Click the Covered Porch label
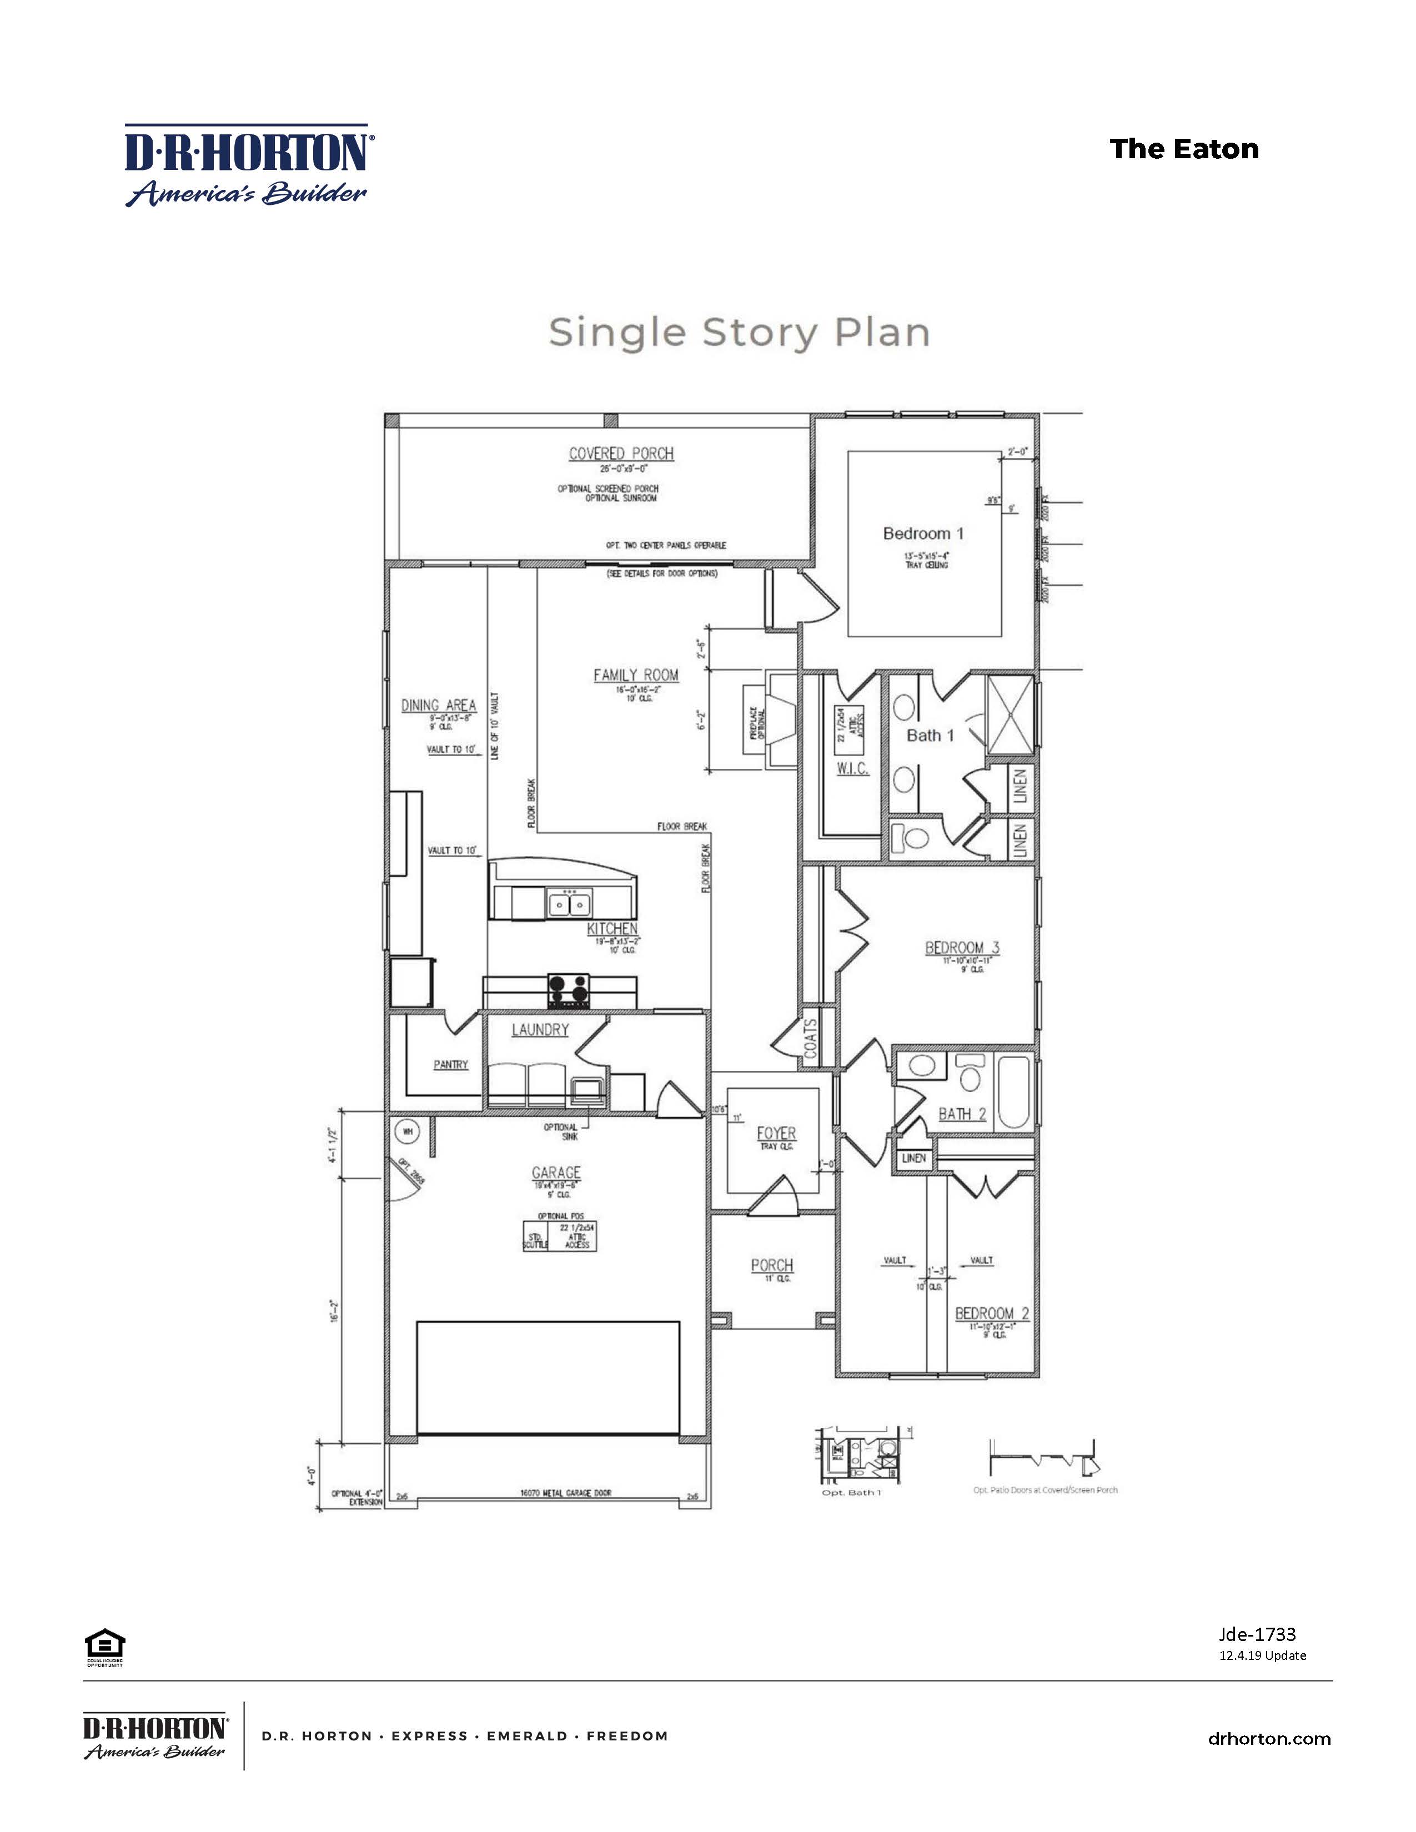pyautogui.click(x=621, y=454)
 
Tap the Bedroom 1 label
pyautogui.click(x=923, y=534)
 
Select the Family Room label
pyautogui.click(x=636, y=675)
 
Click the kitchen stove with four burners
pyautogui.click(x=569, y=990)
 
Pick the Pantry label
pyautogui.click(x=450, y=1064)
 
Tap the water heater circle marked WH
pyautogui.click(x=408, y=1131)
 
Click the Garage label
pyautogui.click(x=555, y=1172)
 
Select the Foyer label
pyautogui.click(x=776, y=1133)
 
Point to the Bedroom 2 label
pyautogui.click(x=992, y=1313)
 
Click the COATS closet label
pyautogui.click(x=810, y=1043)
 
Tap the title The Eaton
pyautogui.click(x=1184, y=149)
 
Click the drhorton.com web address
pyautogui.click(x=1268, y=1739)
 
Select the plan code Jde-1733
pyautogui.click(x=1257, y=1634)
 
